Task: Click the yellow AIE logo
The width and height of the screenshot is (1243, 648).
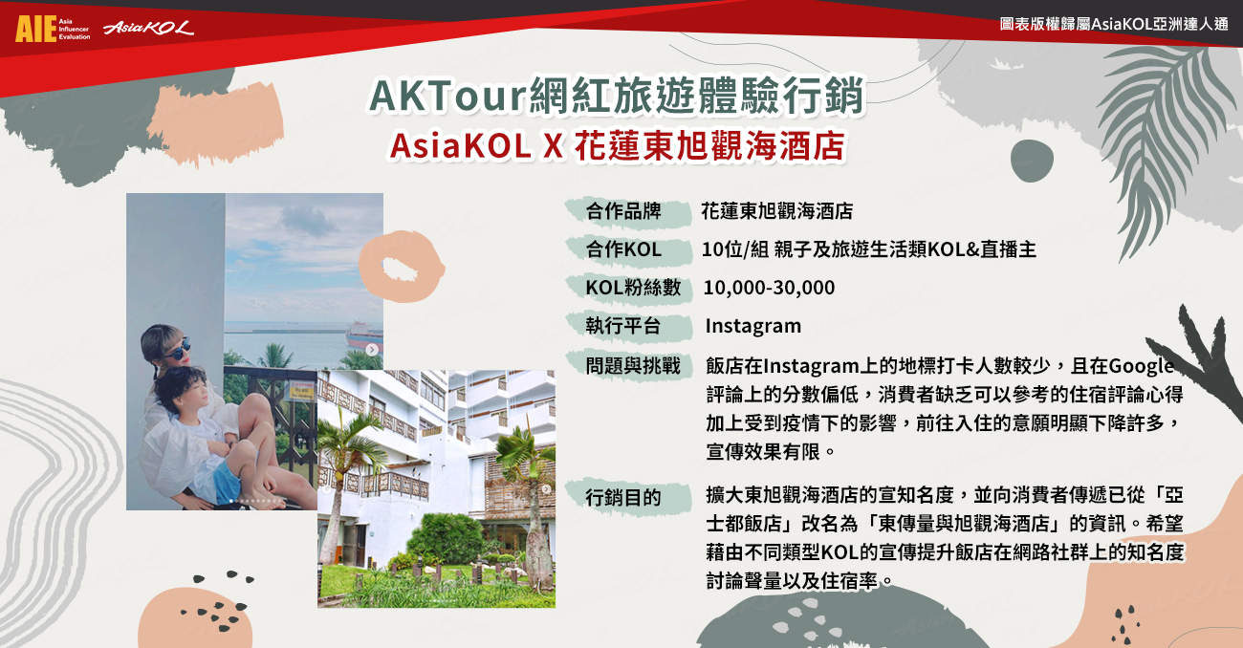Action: (x=36, y=29)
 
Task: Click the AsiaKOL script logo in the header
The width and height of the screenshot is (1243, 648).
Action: (x=148, y=28)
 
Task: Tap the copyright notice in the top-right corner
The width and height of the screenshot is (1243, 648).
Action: (x=1114, y=24)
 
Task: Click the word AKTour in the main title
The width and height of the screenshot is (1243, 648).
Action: (x=447, y=96)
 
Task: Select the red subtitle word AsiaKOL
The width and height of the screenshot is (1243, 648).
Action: (x=461, y=146)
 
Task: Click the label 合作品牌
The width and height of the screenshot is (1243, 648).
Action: (x=623, y=211)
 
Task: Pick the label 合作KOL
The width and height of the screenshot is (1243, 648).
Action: (x=623, y=249)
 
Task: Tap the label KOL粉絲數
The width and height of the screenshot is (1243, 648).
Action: (x=633, y=288)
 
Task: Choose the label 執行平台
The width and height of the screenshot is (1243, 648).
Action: (x=623, y=326)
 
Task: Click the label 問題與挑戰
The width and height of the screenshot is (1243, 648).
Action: (x=633, y=366)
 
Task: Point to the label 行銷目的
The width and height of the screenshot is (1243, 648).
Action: (x=623, y=497)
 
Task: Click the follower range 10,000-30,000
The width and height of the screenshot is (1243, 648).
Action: (x=769, y=288)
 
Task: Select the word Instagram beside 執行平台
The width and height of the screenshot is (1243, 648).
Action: (x=753, y=326)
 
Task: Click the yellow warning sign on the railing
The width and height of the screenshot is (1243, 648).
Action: (x=302, y=390)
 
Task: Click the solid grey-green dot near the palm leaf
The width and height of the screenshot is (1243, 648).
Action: (x=1032, y=161)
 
